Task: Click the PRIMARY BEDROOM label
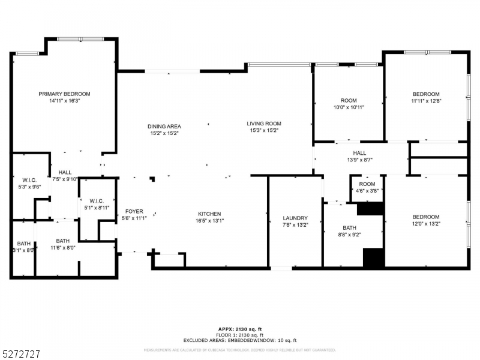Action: [64, 94]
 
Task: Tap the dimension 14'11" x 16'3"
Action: [64, 101]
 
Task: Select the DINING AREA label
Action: [164, 126]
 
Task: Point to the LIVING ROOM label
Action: [264, 124]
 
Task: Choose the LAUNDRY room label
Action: [295, 218]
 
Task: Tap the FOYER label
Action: [134, 211]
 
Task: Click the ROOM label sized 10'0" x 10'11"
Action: [349, 100]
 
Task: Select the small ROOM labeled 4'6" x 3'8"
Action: [367, 184]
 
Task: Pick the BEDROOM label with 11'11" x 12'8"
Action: [425, 94]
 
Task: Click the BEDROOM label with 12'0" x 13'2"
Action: [425, 217]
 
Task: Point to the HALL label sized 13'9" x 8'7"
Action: [359, 153]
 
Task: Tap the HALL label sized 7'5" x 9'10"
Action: [65, 172]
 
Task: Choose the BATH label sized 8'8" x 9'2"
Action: [349, 227]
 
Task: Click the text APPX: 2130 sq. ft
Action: [240, 329]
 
